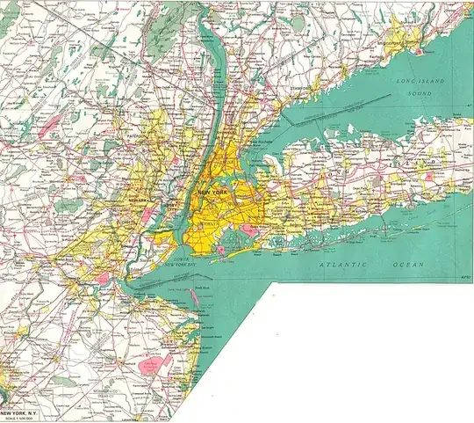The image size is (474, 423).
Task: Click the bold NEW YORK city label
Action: click(217, 193)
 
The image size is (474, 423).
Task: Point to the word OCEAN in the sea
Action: click(406, 264)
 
